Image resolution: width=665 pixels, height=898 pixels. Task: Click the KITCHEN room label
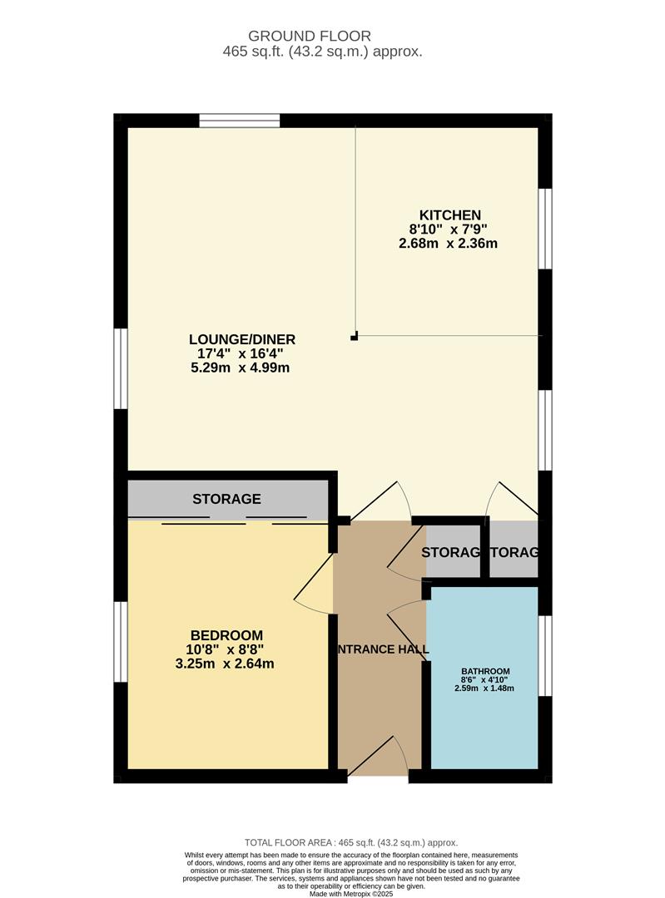click(x=444, y=215)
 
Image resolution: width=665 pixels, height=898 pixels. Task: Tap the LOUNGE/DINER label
click(x=242, y=339)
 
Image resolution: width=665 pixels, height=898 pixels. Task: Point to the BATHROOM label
click(x=486, y=671)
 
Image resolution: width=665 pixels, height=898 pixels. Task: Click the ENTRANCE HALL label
click(x=382, y=649)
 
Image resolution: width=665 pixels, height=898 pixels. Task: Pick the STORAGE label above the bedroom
click(x=226, y=500)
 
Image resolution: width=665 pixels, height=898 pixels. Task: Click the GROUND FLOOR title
click(x=310, y=36)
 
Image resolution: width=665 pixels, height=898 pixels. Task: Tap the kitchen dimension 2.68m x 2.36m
click(x=453, y=244)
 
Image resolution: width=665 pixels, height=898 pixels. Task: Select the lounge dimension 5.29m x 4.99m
click(x=240, y=368)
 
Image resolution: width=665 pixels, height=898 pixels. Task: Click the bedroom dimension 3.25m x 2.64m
click(x=225, y=664)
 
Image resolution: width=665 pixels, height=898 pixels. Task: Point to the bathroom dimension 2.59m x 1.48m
click(x=484, y=688)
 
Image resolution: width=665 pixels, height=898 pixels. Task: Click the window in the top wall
click(x=240, y=121)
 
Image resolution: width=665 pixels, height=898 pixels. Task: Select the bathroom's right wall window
click(x=545, y=654)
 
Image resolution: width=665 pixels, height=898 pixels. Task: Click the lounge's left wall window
click(x=121, y=368)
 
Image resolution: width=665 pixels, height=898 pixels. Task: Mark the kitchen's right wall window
click(x=545, y=229)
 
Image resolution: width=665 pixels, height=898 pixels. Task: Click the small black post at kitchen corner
click(x=355, y=336)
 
